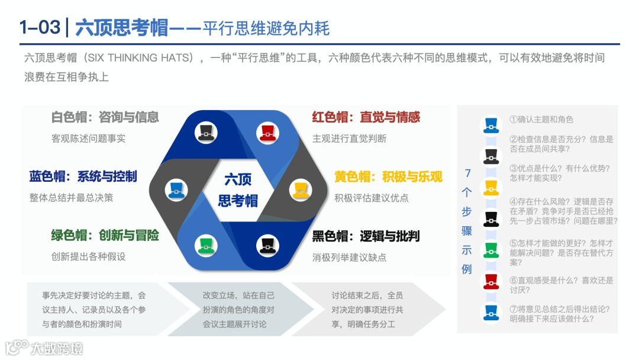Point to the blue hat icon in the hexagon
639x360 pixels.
(x=176, y=189)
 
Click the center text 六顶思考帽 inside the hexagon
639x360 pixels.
(x=238, y=189)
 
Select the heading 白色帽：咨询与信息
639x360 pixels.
(x=105, y=117)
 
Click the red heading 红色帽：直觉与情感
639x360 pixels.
(x=366, y=117)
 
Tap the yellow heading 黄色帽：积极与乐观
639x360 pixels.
(x=388, y=176)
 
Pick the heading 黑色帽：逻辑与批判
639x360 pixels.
(x=366, y=236)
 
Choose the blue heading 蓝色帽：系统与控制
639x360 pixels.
(x=83, y=176)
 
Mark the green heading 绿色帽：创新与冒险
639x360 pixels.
(x=105, y=236)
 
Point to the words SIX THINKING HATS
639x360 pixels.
(x=140, y=58)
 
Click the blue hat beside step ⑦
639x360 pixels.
(x=490, y=313)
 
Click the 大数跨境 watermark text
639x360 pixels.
(x=57, y=348)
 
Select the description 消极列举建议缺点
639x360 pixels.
(x=349, y=258)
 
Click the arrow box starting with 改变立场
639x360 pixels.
(x=239, y=309)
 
